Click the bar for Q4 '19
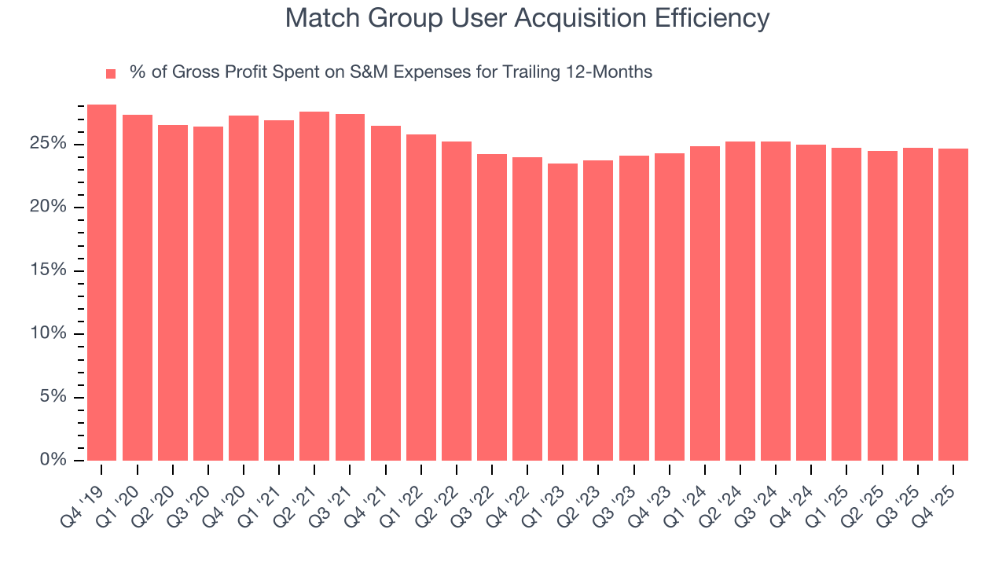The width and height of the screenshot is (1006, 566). pos(101,282)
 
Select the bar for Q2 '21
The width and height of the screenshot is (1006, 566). pos(314,286)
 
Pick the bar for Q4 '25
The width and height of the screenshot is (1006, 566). pos(953,304)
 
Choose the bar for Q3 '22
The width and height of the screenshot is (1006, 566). pos(492,307)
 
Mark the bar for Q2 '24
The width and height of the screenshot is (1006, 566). pos(740,301)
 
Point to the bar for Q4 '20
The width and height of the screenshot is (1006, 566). pos(244,288)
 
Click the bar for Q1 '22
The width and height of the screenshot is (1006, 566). pos(421,297)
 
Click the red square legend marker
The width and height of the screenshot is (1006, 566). pos(111,74)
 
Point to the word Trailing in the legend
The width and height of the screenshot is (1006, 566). pos(530,72)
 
